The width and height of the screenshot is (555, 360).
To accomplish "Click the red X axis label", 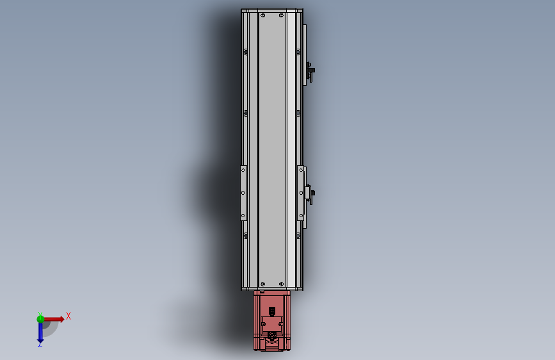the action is (x=68, y=316).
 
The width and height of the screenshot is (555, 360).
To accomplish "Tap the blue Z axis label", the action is (x=40, y=344).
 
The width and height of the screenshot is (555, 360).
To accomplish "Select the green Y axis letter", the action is (x=40, y=314).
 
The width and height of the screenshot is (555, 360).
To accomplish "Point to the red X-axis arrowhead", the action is (x=62, y=319).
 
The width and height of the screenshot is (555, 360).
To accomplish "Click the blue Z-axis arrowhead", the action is (x=40, y=341).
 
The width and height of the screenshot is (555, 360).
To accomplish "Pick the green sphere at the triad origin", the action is (x=40, y=319).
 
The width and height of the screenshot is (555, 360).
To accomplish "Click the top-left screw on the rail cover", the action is (x=262, y=15).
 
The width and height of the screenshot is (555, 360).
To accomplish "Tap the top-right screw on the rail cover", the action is (x=281, y=15).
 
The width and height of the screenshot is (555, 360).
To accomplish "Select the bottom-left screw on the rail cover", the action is (x=262, y=284).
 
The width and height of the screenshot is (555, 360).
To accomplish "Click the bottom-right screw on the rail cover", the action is (x=281, y=284).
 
